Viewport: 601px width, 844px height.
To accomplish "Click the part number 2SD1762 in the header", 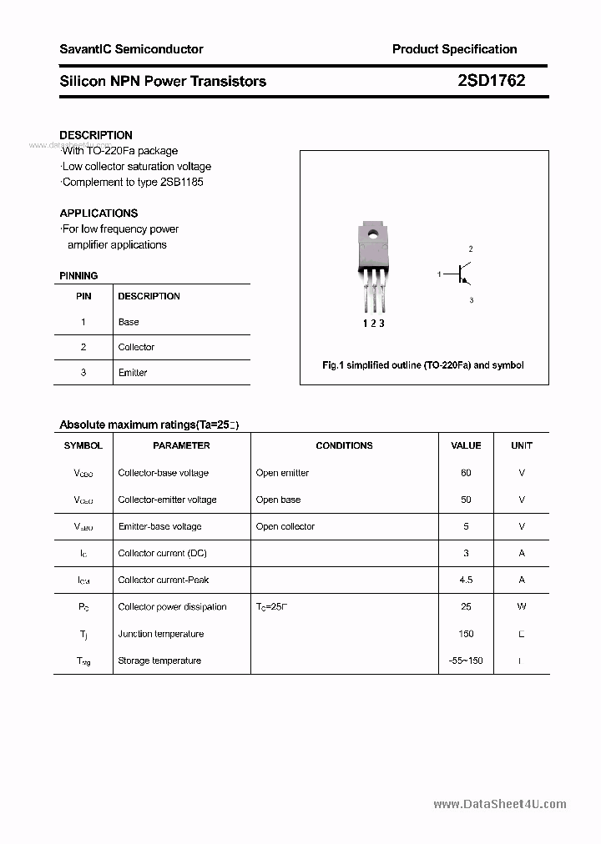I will [x=491, y=81].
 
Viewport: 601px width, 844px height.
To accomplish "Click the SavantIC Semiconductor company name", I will [x=131, y=49].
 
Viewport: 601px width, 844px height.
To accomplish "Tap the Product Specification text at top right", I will [x=454, y=49].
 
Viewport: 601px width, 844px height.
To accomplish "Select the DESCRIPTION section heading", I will [x=96, y=135].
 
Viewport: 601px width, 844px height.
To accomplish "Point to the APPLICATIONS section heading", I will [x=98, y=213].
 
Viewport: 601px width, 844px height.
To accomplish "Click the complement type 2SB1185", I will [x=181, y=182].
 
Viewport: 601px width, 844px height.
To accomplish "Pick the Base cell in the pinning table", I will [x=129, y=322].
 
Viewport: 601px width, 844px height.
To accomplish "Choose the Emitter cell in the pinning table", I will [x=133, y=373].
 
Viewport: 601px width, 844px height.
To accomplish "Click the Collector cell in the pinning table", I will [x=136, y=347].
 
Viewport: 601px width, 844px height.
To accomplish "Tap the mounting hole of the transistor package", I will [x=373, y=234].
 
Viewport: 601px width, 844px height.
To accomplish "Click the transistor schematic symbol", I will [x=462, y=274].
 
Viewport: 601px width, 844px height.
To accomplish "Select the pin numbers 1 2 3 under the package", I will [x=373, y=323].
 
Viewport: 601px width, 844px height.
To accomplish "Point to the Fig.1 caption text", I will [x=423, y=365].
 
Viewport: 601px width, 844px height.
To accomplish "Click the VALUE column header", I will [x=466, y=445].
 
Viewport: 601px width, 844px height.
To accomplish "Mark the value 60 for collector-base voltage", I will [x=466, y=473].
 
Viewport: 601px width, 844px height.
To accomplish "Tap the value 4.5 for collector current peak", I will [x=466, y=580].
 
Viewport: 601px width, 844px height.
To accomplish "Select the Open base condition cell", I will [x=278, y=500].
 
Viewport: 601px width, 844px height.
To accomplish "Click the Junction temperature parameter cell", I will [x=160, y=634].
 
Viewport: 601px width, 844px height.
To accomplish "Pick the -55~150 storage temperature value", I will [x=466, y=661].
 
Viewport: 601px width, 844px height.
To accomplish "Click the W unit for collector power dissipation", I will [x=521, y=606].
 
